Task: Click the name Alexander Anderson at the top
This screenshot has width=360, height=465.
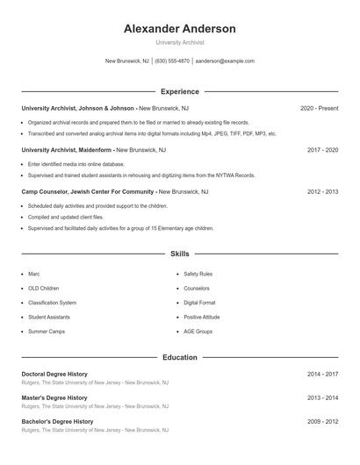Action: click(x=179, y=29)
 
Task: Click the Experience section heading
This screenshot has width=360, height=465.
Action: click(x=179, y=91)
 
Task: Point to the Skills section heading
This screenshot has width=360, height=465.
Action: click(x=179, y=254)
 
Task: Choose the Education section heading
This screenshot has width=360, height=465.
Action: click(x=179, y=358)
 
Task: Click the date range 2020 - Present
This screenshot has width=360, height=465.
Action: click(x=319, y=108)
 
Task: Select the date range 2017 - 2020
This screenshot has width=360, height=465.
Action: click(x=322, y=150)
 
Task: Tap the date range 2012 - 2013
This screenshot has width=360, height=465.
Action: click(x=322, y=191)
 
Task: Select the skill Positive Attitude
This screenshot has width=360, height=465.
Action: click(x=202, y=317)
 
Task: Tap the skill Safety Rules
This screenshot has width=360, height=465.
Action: click(x=198, y=274)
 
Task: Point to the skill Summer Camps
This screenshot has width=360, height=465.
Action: click(x=46, y=332)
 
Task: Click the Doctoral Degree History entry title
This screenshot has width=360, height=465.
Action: click(x=54, y=374)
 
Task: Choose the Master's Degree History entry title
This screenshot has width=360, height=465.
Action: click(x=54, y=397)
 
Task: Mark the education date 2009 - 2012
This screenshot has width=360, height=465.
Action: click(x=322, y=421)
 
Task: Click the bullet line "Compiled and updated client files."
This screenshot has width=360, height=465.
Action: click(x=65, y=217)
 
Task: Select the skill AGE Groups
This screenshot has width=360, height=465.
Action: click(x=198, y=332)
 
